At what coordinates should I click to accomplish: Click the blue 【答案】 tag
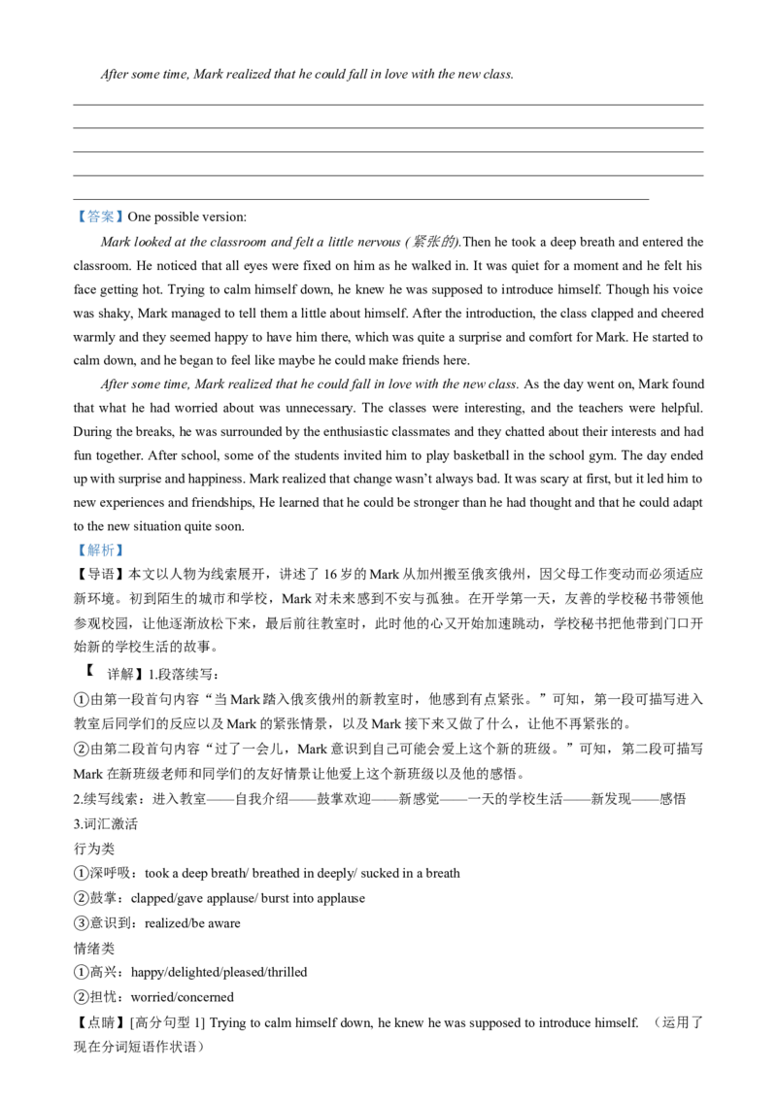99,217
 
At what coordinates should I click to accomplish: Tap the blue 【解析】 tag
99,550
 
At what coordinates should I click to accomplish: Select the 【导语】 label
99,574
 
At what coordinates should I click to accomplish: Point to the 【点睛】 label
99,1022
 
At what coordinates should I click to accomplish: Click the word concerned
209,997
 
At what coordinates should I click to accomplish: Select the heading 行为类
94,849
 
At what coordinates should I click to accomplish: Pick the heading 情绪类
94,948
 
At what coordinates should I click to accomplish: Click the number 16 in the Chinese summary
330,574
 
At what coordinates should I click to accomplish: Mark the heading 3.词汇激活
105,823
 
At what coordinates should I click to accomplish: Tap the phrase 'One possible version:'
186,217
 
